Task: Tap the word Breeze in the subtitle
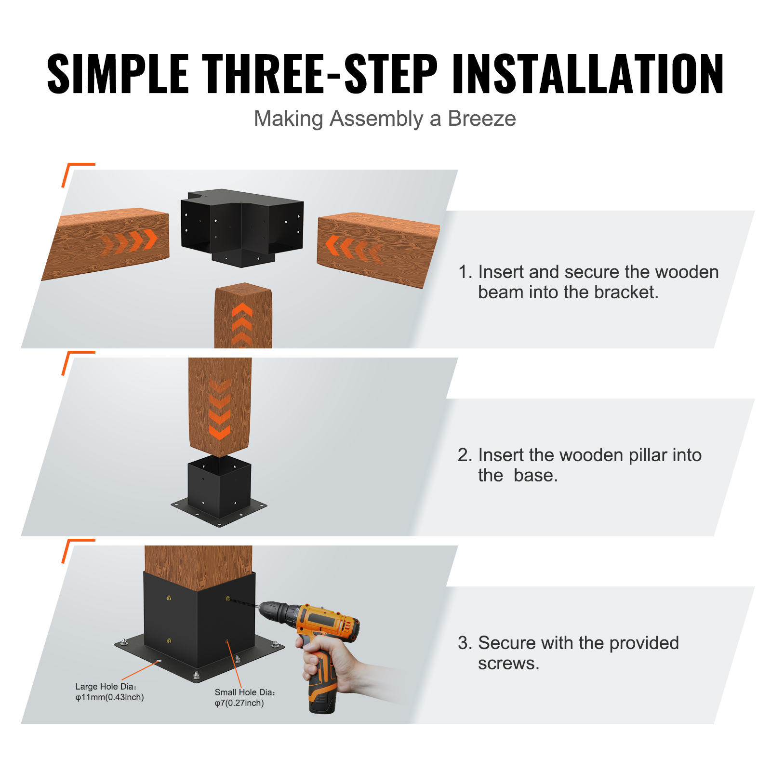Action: (x=481, y=119)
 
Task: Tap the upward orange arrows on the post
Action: (x=242, y=323)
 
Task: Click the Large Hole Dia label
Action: (x=106, y=687)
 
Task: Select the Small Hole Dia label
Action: (x=244, y=692)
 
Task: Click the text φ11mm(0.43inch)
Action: (x=109, y=697)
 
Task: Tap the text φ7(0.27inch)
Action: (x=239, y=703)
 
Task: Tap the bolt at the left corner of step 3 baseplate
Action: (x=124, y=642)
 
